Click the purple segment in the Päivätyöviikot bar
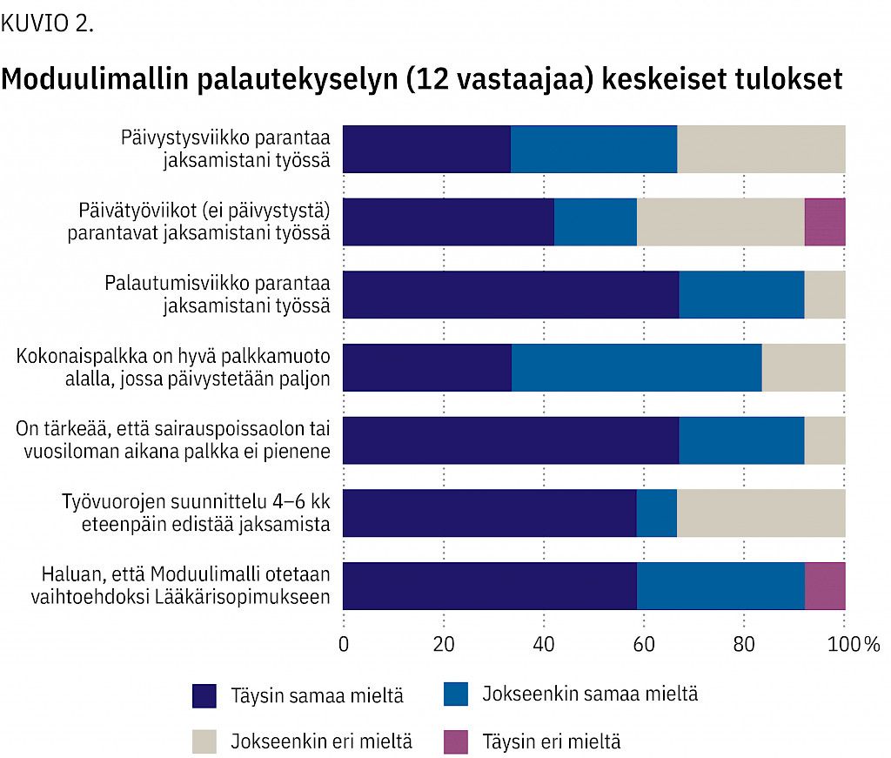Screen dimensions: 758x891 click(824, 222)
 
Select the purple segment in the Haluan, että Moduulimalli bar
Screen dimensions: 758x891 click(824, 586)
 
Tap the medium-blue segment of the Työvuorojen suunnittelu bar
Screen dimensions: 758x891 click(656, 513)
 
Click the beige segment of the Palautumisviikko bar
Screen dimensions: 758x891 click(824, 294)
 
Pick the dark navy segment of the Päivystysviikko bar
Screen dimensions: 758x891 click(426, 149)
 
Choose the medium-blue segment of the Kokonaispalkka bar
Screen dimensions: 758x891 click(636, 367)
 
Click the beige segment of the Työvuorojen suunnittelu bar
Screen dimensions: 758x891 click(760, 513)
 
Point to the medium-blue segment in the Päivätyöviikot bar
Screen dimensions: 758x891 click(595, 222)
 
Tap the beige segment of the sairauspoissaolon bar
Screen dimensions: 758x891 click(824, 440)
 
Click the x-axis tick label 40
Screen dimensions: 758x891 click(544, 645)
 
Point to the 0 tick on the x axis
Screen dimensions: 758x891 click(344, 645)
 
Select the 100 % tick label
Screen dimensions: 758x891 click(856, 645)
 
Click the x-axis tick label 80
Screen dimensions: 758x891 click(744, 645)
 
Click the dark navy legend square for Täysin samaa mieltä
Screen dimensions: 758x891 click(204, 695)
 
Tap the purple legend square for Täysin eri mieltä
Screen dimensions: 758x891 click(456, 741)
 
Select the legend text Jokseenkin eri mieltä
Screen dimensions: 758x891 click(321, 742)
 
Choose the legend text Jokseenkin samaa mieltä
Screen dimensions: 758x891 click(590, 694)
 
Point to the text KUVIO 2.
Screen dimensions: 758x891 click(47, 23)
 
